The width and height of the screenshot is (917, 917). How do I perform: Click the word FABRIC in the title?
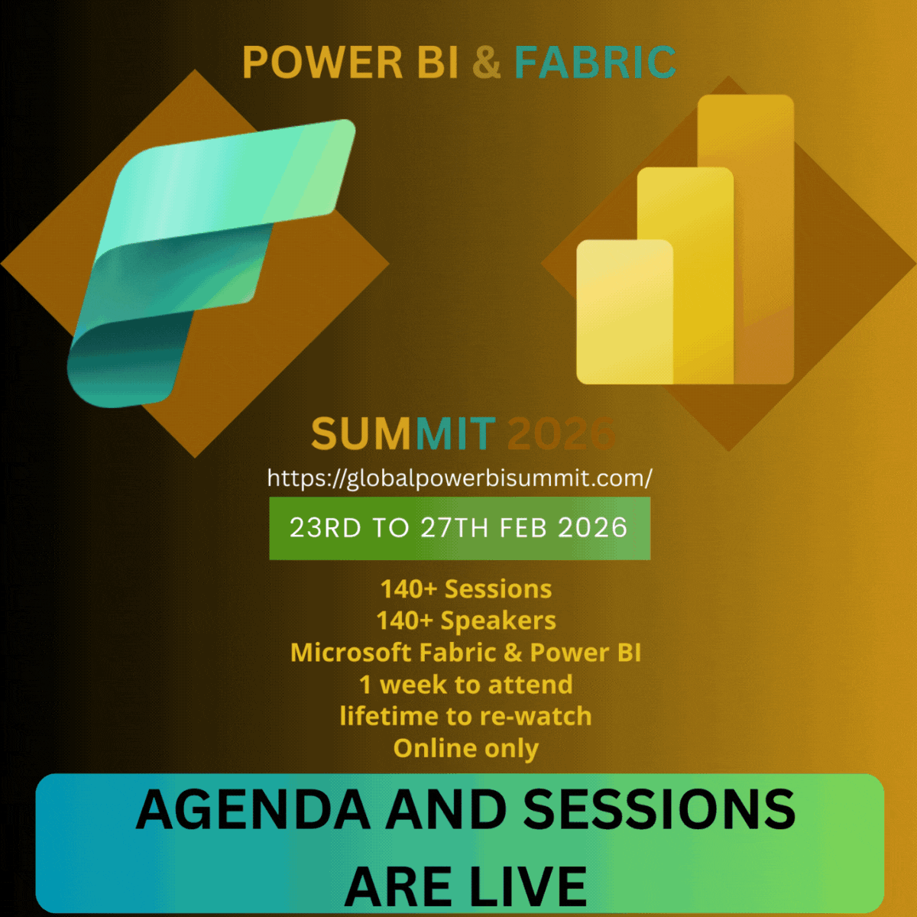(595, 62)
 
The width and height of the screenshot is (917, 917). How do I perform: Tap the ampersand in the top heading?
(486, 62)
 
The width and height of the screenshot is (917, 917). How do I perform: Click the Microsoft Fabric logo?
(211, 263)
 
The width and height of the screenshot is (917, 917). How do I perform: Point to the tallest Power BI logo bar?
(746, 239)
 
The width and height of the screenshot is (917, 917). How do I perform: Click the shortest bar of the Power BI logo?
(624, 312)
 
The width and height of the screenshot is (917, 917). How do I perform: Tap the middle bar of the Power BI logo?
(685, 275)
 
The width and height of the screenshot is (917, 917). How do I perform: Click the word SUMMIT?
(403, 433)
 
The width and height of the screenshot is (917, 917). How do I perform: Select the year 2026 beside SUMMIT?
(562, 433)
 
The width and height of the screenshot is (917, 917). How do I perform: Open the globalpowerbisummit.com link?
(460, 478)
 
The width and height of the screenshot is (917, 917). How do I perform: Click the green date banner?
(460, 528)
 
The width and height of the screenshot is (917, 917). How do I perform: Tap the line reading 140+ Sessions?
(466, 589)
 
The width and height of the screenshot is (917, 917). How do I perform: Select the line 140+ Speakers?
(466, 621)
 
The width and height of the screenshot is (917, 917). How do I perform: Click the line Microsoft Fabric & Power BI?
(466, 653)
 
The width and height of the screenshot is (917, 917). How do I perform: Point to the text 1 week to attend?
(466, 685)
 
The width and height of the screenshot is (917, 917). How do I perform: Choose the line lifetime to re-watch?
(466, 716)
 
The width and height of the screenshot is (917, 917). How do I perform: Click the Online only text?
(466, 749)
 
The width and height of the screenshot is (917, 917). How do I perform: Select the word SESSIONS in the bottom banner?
(659, 809)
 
